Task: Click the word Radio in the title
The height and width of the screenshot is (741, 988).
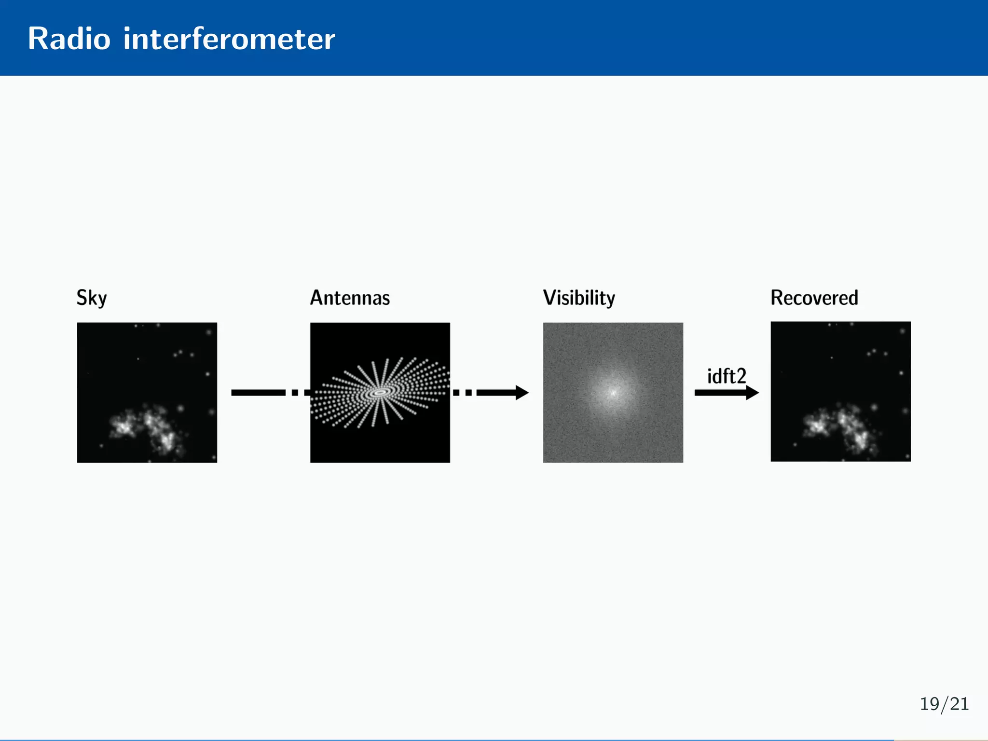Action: (69, 39)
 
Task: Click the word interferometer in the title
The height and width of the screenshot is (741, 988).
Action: (229, 39)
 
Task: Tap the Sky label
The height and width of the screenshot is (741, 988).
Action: (92, 298)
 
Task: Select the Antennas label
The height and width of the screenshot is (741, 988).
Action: (350, 298)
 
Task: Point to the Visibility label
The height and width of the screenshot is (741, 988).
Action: (579, 298)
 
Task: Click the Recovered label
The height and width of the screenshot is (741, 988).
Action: (814, 298)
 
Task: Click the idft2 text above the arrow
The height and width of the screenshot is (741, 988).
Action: (727, 376)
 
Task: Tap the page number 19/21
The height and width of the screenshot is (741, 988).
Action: (944, 704)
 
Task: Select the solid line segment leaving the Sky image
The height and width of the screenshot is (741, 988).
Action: (258, 393)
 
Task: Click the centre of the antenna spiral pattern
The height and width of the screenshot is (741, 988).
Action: (380, 393)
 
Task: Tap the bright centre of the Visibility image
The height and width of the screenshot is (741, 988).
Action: (613, 392)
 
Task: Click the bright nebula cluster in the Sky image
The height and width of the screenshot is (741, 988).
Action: (145, 427)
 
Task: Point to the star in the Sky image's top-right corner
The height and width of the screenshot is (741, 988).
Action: (209, 332)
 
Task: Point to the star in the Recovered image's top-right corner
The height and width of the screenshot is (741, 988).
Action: (902, 331)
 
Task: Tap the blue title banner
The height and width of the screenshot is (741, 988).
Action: (627, 38)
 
